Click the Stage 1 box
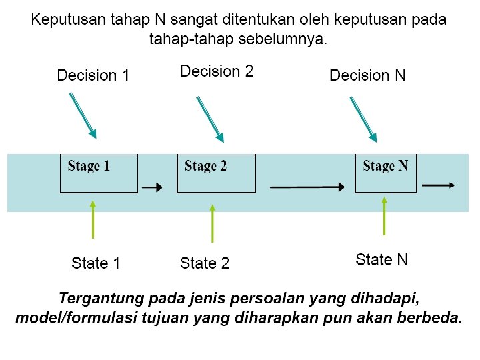click(x=99, y=173)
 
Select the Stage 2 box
click(x=216, y=173)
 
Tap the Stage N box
click(x=385, y=173)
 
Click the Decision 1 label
click(x=93, y=75)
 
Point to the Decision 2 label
click(x=217, y=71)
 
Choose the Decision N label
click(x=367, y=75)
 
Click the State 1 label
click(x=96, y=263)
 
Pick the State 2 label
click(x=205, y=263)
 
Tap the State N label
click(x=382, y=259)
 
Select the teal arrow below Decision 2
click(x=210, y=119)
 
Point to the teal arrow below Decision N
click(x=364, y=119)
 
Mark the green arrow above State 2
click(x=213, y=223)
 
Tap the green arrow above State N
click(x=384, y=215)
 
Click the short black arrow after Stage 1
click(x=153, y=188)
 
